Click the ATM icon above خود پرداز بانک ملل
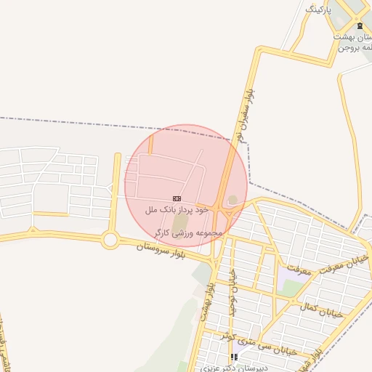[177, 198]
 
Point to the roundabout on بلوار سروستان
[110, 239]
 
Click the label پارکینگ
[318, 9]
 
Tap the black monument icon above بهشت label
[359, 26]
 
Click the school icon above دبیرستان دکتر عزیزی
[234, 357]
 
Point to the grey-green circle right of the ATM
[232, 200]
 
